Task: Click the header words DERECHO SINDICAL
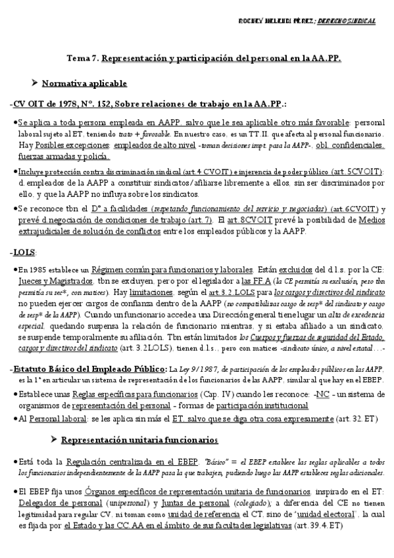tap(346, 22)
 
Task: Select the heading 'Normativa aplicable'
tap(84, 84)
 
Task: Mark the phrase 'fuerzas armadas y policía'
tap(64, 157)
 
